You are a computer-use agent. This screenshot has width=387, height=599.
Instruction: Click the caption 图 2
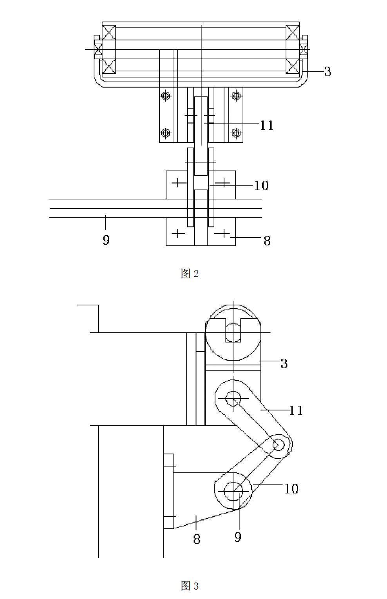[190, 274]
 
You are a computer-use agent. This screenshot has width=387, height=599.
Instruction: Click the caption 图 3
[190, 586]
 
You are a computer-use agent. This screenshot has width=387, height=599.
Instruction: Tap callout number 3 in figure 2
[328, 72]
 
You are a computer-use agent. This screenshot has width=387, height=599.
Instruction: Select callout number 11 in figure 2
[267, 125]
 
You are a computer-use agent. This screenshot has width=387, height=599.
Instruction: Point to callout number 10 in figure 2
[261, 185]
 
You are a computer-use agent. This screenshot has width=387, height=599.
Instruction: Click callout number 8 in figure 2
[267, 241]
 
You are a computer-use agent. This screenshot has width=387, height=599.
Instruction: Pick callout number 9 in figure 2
[106, 240]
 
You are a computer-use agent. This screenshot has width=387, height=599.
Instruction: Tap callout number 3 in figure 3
[284, 363]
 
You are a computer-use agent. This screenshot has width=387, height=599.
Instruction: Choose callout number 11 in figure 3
[297, 410]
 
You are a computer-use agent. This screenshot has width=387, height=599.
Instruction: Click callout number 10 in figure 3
[291, 488]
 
